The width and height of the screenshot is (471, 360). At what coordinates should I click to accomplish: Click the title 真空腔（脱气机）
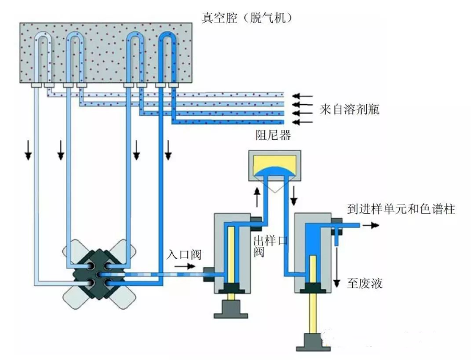(246, 18)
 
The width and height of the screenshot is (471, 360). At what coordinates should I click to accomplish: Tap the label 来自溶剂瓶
(349, 110)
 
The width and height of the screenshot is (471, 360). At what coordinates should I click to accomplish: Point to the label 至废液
(365, 283)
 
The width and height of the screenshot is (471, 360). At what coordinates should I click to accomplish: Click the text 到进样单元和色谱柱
(401, 210)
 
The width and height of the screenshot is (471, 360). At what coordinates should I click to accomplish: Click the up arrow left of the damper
(256, 197)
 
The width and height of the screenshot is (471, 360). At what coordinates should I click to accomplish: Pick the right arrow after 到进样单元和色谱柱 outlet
(373, 226)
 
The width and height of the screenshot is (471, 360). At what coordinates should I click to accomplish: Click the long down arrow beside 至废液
(340, 266)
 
